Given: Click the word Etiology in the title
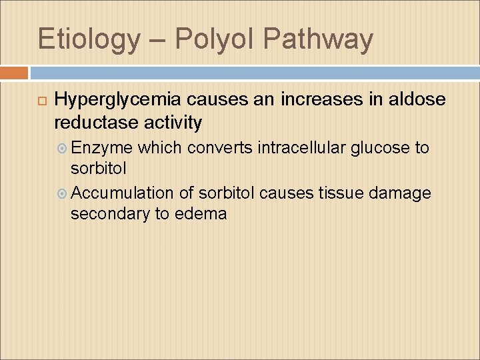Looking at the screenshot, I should click(x=89, y=39).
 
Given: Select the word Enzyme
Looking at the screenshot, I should click(x=101, y=147).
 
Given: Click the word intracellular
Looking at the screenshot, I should click(x=280, y=147).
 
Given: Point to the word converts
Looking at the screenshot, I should click(x=197, y=147).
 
